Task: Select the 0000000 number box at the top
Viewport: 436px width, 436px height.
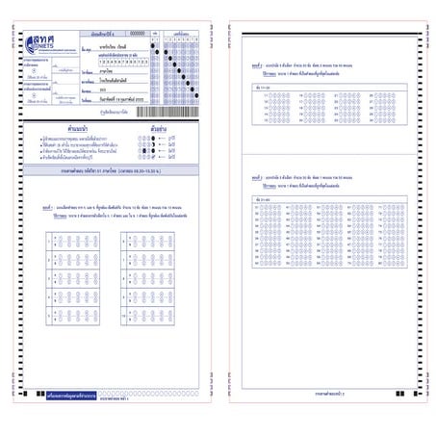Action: (137, 33)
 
